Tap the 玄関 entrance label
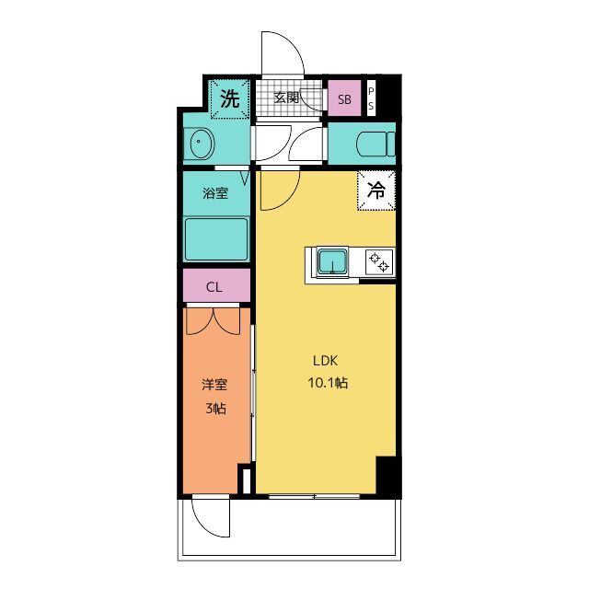(286, 98)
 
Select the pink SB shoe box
(344, 99)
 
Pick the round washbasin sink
(202, 144)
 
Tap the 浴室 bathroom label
(215, 193)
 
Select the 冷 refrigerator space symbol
(376, 191)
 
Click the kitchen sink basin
(332, 263)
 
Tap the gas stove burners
(378, 262)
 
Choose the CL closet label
(214, 286)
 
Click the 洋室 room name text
(214, 387)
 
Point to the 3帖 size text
(214, 410)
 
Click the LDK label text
(327, 361)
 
